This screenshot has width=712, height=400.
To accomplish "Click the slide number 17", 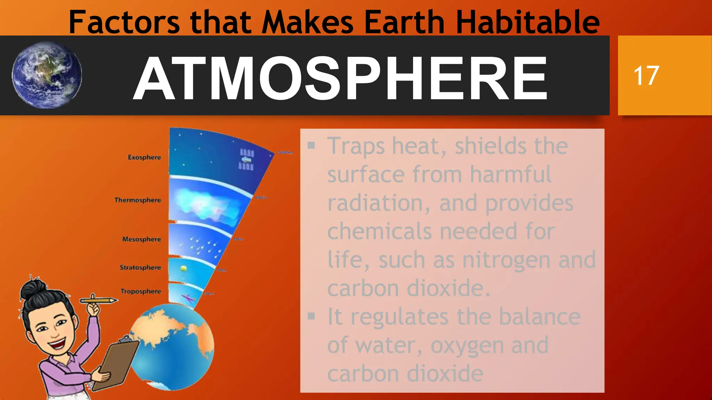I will (x=646, y=75).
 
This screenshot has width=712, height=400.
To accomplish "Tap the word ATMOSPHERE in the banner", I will (x=340, y=78).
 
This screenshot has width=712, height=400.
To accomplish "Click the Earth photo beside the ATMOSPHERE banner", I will (x=47, y=75).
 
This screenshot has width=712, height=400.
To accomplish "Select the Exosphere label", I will (x=144, y=157).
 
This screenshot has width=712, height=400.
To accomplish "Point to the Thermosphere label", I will (x=138, y=200).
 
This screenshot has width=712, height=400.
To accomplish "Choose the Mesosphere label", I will (x=141, y=239).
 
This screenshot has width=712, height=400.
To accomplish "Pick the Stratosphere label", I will (x=140, y=267).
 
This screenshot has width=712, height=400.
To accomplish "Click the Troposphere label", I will (x=140, y=291).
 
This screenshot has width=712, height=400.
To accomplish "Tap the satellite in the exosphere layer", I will (x=246, y=159).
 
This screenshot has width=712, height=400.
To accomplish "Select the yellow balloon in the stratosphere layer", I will (x=184, y=268).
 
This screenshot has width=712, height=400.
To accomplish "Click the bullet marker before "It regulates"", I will (x=311, y=316).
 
